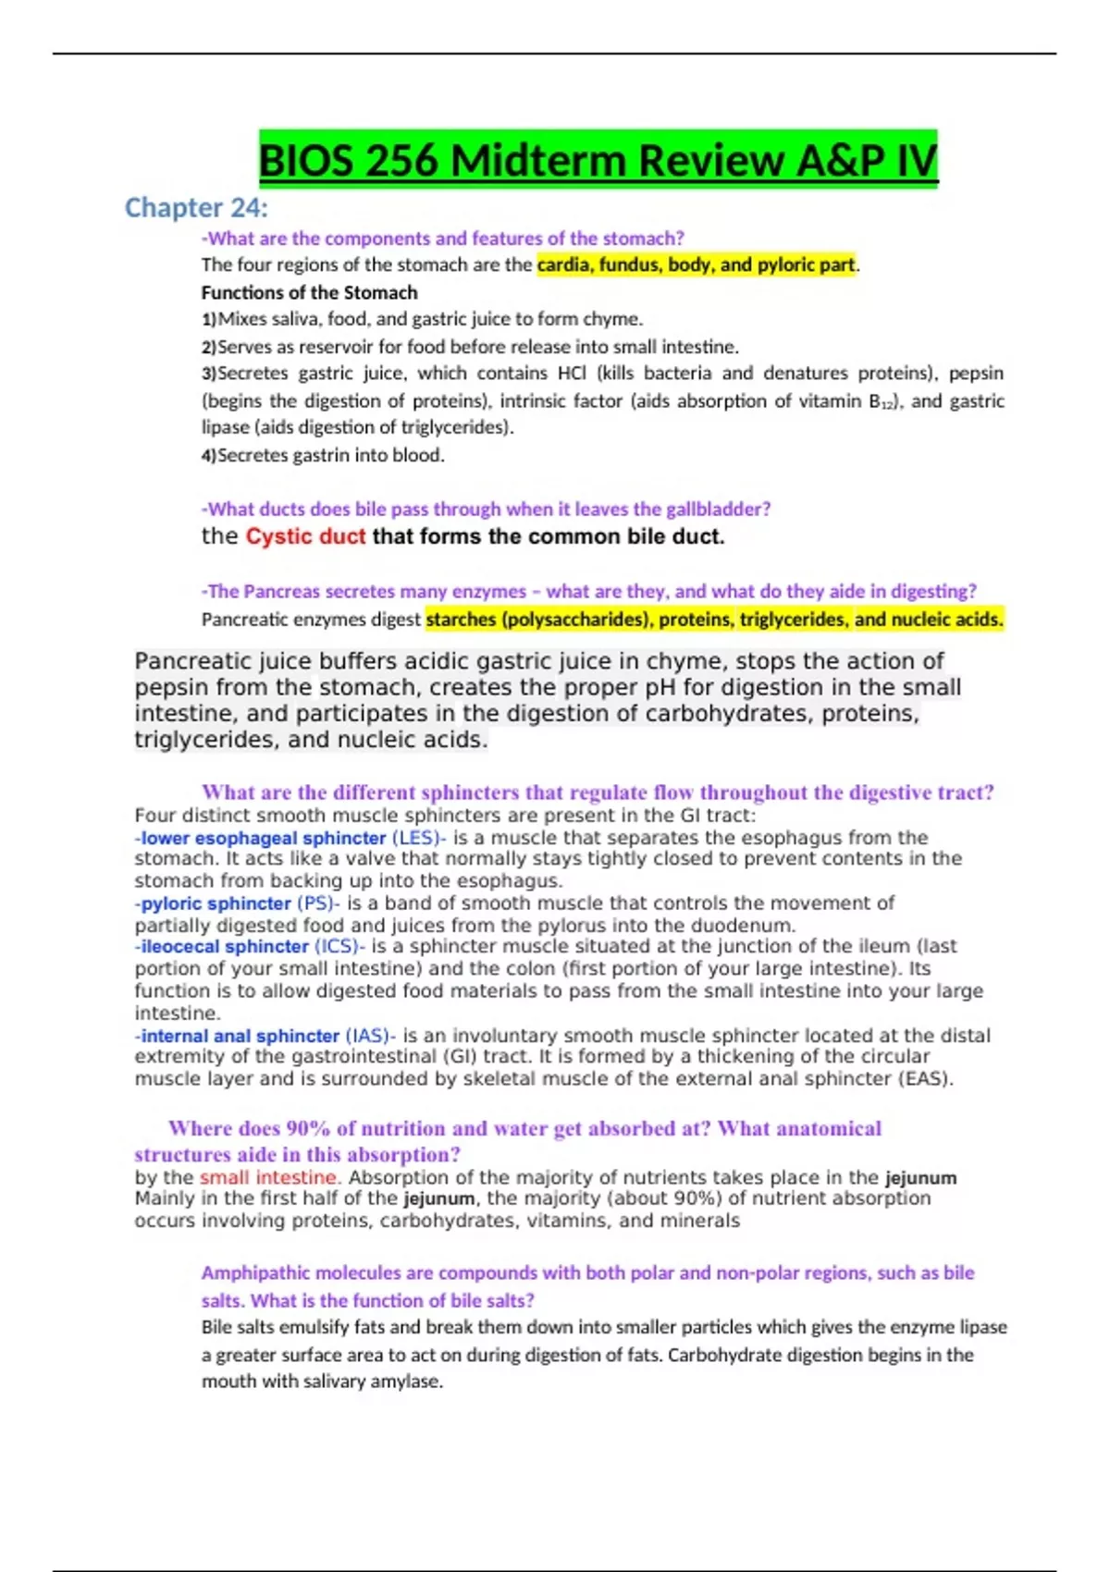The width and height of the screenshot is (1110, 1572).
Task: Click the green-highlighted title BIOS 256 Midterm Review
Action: click(598, 161)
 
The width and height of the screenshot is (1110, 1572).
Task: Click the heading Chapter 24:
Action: click(196, 208)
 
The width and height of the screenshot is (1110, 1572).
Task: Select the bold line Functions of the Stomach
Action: click(309, 293)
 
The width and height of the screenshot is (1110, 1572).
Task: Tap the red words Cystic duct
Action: click(305, 537)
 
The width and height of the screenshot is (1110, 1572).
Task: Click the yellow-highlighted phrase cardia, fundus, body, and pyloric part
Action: click(696, 265)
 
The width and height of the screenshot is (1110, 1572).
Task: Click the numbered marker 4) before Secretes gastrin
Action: click(209, 456)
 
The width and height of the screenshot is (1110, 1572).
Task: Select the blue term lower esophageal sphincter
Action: click(263, 839)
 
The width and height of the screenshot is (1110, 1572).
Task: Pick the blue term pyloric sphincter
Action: click(216, 903)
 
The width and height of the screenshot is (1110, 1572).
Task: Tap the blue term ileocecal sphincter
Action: click(225, 947)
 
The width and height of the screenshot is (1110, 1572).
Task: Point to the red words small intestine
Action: click(269, 1178)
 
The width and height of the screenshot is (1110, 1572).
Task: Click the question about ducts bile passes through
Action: click(487, 510)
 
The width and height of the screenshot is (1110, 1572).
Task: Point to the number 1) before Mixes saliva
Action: click(208, 320)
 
